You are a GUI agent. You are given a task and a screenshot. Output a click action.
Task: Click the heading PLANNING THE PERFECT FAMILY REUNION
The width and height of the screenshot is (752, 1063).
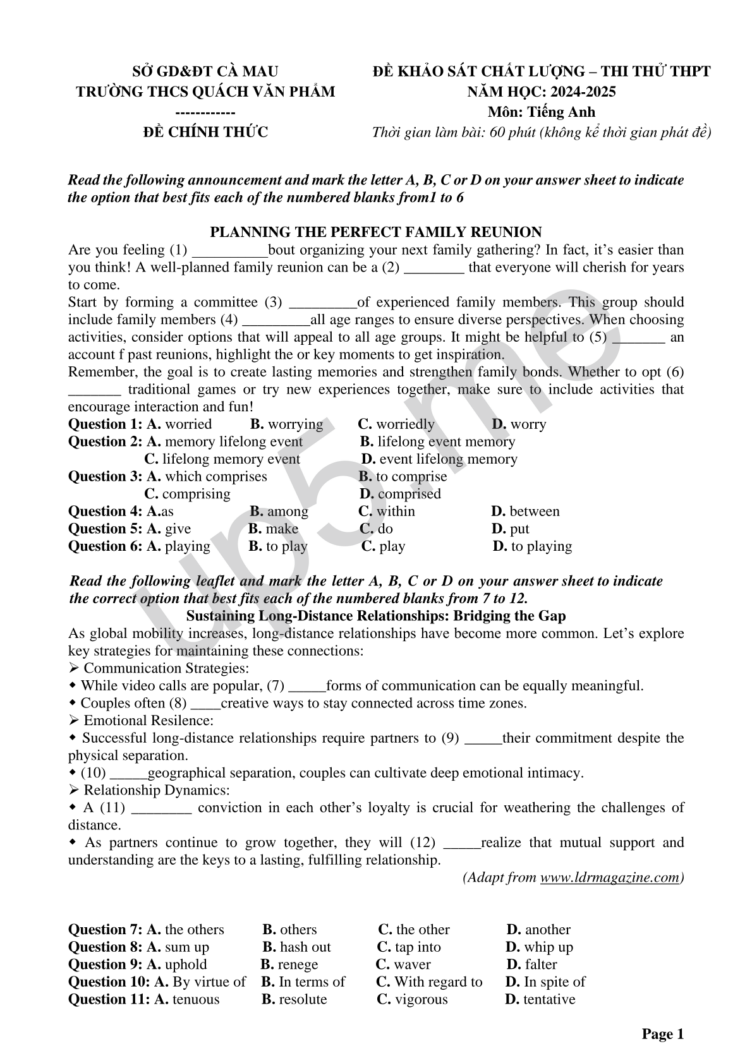coord(375,232)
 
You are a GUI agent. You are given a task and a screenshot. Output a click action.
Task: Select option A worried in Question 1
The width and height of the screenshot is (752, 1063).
coord(179,424)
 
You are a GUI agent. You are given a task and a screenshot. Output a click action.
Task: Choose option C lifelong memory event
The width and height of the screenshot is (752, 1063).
coord(222,459)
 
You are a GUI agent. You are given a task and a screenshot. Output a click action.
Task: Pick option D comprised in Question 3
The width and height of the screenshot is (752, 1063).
coord(400,494)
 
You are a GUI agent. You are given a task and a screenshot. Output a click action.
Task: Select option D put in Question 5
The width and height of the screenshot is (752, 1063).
coord(510,529)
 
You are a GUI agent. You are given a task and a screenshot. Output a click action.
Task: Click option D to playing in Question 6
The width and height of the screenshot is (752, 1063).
coord(532,546)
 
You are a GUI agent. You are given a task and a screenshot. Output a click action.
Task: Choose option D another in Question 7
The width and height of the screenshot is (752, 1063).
coord(538,929)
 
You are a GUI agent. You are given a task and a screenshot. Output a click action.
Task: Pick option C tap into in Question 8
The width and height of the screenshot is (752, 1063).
coord(409,947)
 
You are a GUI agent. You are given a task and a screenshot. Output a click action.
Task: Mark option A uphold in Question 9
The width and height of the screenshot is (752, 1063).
coord(177,964)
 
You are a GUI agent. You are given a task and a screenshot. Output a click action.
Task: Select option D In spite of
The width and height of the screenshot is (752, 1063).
coord(545,982)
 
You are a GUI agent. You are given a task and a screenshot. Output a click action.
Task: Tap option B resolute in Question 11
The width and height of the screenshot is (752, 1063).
coord(294,999)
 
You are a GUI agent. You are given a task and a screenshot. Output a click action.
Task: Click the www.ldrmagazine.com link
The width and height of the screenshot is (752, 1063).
coord(610,877)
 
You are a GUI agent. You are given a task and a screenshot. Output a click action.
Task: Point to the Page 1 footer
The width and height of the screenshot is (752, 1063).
coord(663,1034)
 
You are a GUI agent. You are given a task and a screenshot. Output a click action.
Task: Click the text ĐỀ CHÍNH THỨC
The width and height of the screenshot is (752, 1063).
coord(205,132)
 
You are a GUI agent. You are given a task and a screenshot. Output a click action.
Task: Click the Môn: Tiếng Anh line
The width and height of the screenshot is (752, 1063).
coord(542,112)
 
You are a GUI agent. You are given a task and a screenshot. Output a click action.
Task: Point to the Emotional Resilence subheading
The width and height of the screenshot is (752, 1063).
coord(148,720)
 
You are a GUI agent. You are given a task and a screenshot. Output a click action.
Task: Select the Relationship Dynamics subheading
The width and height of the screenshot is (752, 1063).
coord(156,790)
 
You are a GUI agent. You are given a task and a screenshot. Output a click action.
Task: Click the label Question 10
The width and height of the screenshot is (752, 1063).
coord(109,982)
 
